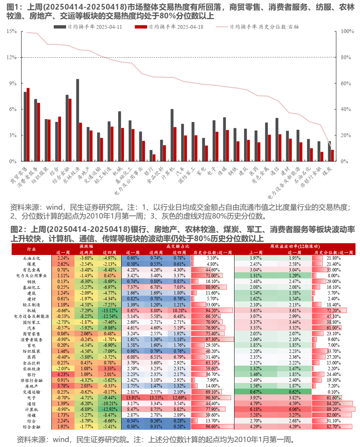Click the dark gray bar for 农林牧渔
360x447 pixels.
click(78, 120)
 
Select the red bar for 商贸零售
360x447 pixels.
click(28, 124)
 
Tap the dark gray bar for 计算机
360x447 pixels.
click(172, 135)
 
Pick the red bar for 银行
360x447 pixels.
click(154, 158)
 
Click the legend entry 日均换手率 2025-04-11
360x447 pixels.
click(88, 27)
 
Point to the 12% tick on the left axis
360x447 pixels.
click(12, 57)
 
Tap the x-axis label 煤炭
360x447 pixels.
click(327, 171)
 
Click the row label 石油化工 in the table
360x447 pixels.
click(31, 258)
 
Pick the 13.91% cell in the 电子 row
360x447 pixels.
click(133, 398)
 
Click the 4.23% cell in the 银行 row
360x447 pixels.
click(63, 374)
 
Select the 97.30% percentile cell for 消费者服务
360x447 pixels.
click(213, 339)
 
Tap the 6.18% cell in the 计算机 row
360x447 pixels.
click(256, 409)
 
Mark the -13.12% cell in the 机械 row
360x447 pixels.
click(110, 310)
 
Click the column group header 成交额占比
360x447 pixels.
click(178, 246)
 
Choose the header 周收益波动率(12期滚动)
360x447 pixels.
click(295, 246)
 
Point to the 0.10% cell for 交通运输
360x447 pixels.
click(334, 392)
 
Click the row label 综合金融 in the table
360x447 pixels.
click(31, 427)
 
